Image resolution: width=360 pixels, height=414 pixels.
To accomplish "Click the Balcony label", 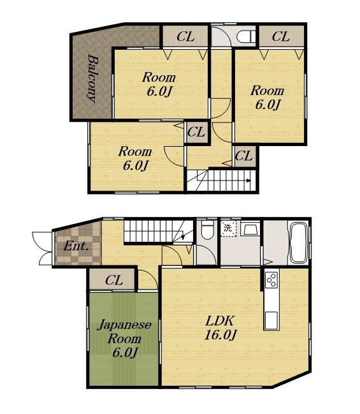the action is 92,78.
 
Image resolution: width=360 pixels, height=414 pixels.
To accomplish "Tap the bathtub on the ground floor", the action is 298,242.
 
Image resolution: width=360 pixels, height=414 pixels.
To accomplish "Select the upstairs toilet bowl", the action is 246,36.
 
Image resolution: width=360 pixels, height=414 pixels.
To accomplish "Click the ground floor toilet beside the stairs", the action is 207,230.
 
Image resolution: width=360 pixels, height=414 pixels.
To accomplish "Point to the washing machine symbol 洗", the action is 228,228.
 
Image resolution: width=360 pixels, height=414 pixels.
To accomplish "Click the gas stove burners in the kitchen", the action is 271,279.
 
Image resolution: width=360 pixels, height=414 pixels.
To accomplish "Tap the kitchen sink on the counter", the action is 271,320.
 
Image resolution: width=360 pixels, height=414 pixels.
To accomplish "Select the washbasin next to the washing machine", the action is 250,228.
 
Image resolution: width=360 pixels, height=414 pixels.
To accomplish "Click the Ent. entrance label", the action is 76,246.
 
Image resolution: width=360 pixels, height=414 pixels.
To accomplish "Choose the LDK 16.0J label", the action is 219,328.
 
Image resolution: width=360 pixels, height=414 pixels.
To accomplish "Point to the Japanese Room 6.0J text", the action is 124,339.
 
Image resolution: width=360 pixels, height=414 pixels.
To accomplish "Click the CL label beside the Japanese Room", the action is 114,280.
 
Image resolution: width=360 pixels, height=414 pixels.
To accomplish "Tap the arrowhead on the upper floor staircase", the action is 248,181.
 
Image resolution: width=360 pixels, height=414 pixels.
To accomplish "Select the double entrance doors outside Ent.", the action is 42,248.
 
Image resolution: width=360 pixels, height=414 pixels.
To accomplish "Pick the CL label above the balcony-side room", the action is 185,36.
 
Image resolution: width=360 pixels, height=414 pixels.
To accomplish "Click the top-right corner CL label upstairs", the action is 280,36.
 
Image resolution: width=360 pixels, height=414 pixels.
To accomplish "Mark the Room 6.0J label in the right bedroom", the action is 267,97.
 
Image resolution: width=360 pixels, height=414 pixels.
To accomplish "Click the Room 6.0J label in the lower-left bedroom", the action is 135,158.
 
